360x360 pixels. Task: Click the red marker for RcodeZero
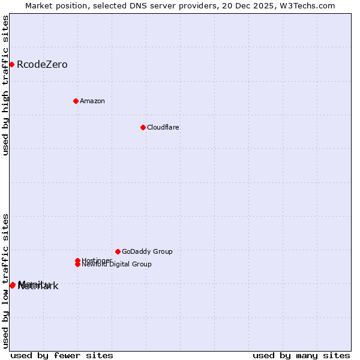point(11,64)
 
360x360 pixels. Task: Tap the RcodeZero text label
point(42,65)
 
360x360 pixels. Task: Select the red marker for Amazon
point(76,101)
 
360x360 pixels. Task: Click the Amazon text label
point(92,101)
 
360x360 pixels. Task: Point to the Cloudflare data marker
point(143,127)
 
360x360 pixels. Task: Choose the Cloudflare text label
point(163,128)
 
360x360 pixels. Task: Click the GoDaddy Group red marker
point(118,251)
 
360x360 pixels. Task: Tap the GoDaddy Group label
point(147,252)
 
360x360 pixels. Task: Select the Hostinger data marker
point(77,260)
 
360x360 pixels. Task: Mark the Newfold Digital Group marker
point(77,264)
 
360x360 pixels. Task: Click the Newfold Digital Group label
point(116,265)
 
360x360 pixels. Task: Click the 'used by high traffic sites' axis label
point(5,86)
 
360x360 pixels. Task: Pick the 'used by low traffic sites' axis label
point(5,280)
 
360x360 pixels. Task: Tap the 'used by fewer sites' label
point(62,356)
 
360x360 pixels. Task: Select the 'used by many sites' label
point(301,356)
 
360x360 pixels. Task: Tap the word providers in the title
point(191,5)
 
